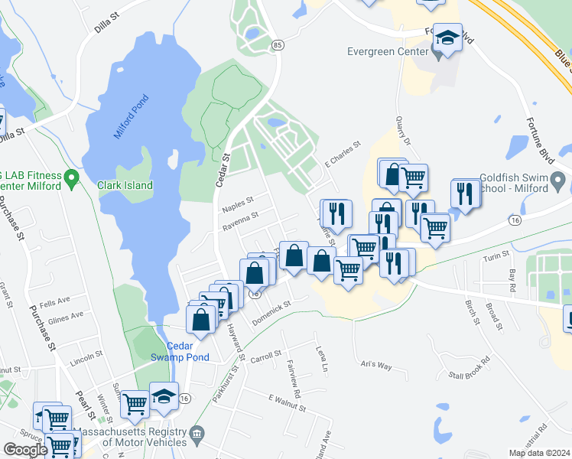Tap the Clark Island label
click(x=125, y=185)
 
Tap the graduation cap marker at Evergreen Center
click(x=447, y=39)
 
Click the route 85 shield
click(x=277, y=46)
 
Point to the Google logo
click(x=25, y=449)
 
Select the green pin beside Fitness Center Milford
click(x=71, y=179)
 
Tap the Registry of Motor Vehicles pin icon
click(x=197, y=435)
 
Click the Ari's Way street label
click(x=376, y=366)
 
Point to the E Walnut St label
click(x=287, y=403)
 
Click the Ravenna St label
click(x=239, y=223)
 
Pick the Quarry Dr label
click(x=404, y=137)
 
